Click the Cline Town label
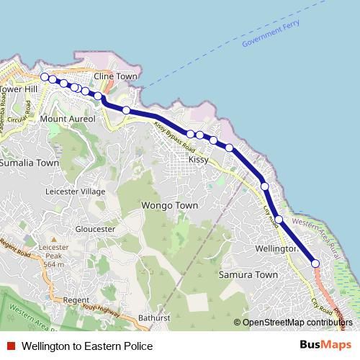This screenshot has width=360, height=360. [x=114, y=76]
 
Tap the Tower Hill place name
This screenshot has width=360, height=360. [x=19, y=89]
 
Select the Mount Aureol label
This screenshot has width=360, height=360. [x=68, y=118]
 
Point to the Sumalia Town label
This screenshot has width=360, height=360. [x=29, y=163]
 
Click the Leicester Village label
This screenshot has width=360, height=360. [x=75, y=192]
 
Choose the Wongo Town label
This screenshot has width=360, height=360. [x=171, y=206]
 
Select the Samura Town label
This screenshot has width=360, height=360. [x=248, y=275]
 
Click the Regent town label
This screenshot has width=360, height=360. [x=76, y=300]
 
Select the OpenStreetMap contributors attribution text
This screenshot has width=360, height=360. [x=297, y=323]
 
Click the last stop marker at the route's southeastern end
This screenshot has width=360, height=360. [x=315, y=264]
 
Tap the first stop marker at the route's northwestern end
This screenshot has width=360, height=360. [x=45, y=77]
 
